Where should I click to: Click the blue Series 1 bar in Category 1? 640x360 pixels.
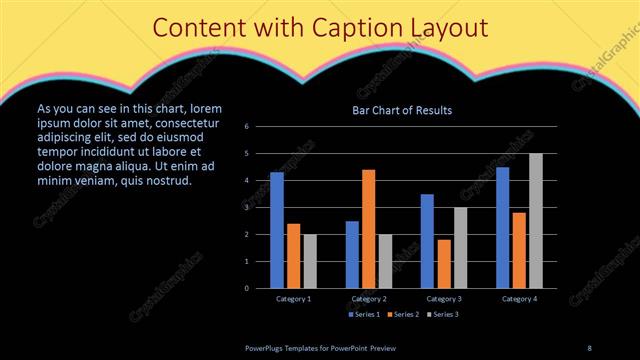(x=277, y=230)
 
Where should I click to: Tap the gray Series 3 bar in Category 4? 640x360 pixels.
(x=536, y=220)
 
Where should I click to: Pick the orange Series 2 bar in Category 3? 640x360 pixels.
(x=444, y=263)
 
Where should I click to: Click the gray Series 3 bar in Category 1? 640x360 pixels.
(x=310, y=261)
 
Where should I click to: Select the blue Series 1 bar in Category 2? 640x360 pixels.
(x=352, y=254)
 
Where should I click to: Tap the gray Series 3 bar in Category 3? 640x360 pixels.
(x=460, y=247)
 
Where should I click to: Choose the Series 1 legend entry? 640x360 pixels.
(x=363, y=315)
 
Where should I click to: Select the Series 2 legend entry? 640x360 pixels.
(x=402, y=315)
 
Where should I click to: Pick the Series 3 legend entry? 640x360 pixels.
(x=441, y=315)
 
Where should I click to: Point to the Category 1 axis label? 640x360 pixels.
(x=293, y=299)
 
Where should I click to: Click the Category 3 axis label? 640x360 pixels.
(x=444, y=299)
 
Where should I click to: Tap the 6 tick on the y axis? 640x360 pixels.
(x=260, y=127)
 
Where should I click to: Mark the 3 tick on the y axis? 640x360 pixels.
(x=260, y=207)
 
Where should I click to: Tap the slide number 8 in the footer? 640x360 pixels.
(x=589, y=347)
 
